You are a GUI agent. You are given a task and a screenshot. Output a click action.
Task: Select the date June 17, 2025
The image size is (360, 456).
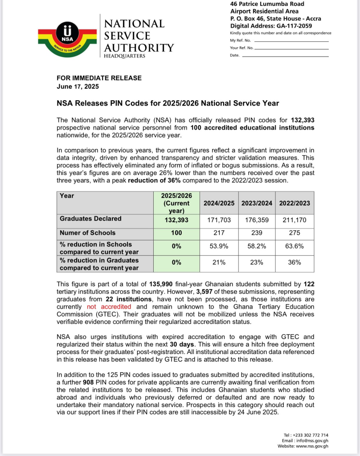pos(78,86)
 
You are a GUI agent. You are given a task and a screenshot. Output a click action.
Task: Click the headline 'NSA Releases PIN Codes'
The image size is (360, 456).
pos(168,103)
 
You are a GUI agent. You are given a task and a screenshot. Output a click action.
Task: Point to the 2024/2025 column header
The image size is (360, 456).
pos(218,203)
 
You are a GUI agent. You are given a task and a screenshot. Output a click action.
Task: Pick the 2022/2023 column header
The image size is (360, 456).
pos(294,203)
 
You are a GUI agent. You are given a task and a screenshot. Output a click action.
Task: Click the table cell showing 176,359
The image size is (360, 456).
pos(257,220)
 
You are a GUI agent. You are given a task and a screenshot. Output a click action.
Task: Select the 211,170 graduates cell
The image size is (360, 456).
pos(294,220)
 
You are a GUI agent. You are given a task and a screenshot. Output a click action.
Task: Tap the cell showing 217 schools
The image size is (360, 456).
pos(218,233)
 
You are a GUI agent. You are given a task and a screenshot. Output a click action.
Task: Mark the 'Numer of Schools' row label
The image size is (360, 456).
pos(87,233)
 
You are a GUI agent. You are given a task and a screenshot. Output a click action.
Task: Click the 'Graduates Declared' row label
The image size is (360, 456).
pos(90,219)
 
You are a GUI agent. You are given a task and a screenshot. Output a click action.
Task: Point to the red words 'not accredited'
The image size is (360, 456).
pos(109,307)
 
